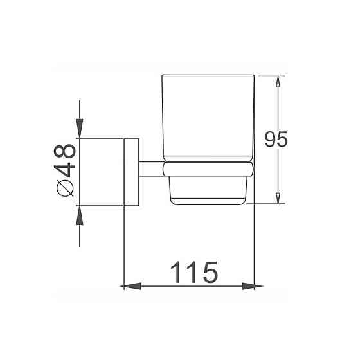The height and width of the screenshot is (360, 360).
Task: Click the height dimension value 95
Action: tap(276, 139)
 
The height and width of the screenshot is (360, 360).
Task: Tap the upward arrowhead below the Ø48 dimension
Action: tap(80, 212)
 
